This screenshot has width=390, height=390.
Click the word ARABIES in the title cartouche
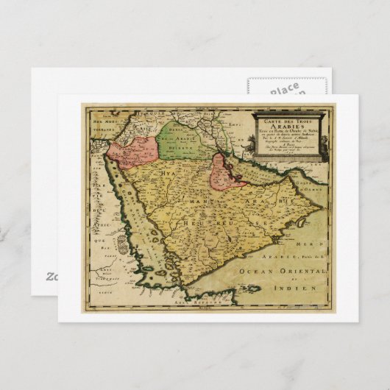pyautogui.click(x=288, y=124)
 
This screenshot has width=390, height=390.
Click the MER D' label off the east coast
pyautogui.click(x=312, y=244)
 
